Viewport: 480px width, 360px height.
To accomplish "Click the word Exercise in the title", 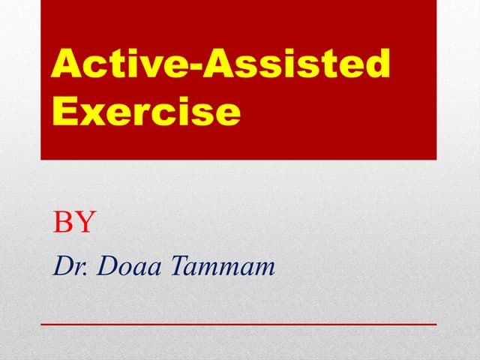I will coord(146,111).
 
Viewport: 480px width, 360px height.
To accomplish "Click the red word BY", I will coord(74,222).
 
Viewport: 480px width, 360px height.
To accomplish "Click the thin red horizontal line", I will coord(238,323).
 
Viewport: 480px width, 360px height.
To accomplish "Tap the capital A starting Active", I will coord(66,65).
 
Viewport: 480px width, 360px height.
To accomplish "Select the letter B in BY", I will coord(63,222).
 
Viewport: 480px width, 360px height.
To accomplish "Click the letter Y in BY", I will coord(85,222).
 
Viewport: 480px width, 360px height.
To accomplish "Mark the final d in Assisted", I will coord(376,65).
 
